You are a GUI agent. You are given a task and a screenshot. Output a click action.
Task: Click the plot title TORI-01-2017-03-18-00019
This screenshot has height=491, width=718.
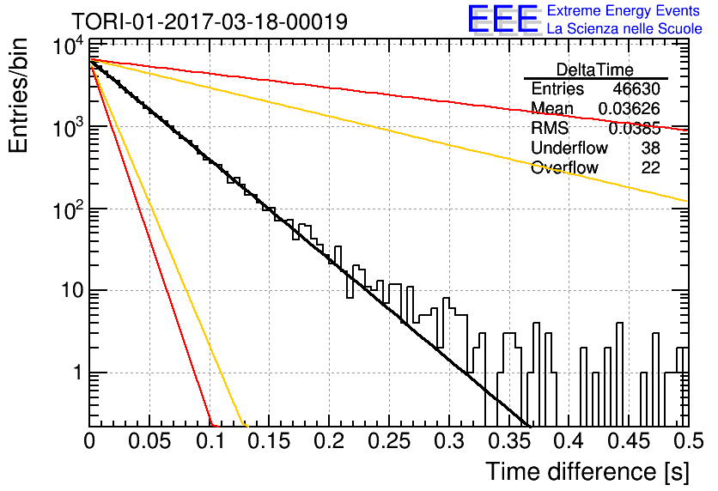210,21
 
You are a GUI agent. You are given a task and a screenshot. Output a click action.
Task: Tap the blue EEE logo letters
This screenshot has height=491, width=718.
502,19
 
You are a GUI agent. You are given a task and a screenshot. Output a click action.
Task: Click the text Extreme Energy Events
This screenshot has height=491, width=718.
624,10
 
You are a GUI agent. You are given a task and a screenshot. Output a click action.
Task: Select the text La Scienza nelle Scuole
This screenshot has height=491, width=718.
624,28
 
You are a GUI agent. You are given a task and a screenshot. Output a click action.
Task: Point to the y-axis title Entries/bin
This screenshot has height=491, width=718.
18,95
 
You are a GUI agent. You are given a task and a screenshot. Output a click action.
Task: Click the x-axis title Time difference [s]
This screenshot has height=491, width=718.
587,472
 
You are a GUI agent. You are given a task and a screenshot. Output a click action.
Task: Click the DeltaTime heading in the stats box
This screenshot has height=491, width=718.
595,70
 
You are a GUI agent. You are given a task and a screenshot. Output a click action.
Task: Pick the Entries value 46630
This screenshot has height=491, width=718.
636,88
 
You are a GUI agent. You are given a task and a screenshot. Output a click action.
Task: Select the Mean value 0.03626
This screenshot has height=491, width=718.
630,108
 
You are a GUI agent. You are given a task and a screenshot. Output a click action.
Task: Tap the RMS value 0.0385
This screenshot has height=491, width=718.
634,129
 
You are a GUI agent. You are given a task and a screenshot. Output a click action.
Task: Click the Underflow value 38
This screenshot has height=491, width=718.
650,148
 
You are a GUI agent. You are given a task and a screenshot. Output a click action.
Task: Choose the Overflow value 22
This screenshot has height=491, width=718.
650,167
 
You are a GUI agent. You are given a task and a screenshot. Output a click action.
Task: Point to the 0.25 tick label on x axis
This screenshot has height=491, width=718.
389,441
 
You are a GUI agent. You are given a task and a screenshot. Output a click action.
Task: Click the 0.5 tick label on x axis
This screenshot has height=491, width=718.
689,441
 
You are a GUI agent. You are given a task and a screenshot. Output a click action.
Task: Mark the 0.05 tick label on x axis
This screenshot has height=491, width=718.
149,441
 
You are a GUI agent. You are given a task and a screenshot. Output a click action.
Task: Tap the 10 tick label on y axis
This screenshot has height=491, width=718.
72,290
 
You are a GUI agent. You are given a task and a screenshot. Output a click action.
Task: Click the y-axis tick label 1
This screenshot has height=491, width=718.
78,373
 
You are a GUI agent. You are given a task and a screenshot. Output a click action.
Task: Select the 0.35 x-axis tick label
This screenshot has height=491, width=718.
508,441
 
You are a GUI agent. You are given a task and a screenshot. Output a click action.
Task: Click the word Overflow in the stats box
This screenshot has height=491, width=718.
564,167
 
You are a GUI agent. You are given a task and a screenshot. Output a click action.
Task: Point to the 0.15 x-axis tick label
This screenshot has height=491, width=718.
270,441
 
